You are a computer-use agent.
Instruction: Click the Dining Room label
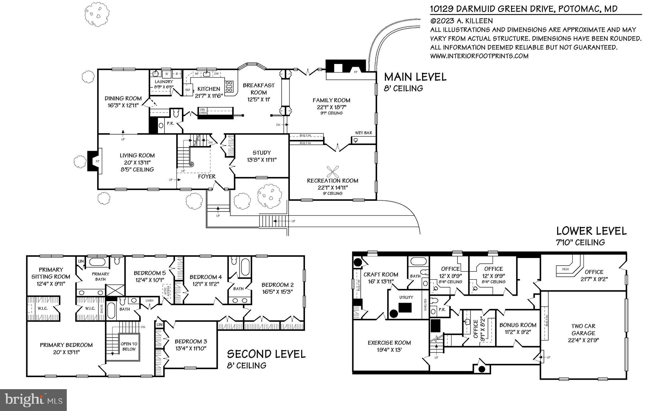[123, 98]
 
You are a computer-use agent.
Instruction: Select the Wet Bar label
[364, 133]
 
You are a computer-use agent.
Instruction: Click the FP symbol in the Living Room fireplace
[97, 161]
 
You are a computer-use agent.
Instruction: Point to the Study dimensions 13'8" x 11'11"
[262, 160]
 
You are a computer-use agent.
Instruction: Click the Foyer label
[207, 176]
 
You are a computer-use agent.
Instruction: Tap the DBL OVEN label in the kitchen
[202, 111]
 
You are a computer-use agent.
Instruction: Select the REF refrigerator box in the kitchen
[188, 90]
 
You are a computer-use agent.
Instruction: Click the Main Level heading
[415, 77]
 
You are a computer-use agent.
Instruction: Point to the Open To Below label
[129, 346]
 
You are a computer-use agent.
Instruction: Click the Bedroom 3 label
[191, 341]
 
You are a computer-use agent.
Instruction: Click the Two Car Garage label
[583, 329]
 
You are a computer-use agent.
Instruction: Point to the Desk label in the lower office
[565, 269]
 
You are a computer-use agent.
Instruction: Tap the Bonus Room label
[518, 325]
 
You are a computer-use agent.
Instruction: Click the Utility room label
[406, 297]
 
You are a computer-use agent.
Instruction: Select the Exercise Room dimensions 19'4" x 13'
[389, 350]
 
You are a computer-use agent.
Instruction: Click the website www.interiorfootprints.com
[479, 56]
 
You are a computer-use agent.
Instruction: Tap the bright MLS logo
[33, 400]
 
